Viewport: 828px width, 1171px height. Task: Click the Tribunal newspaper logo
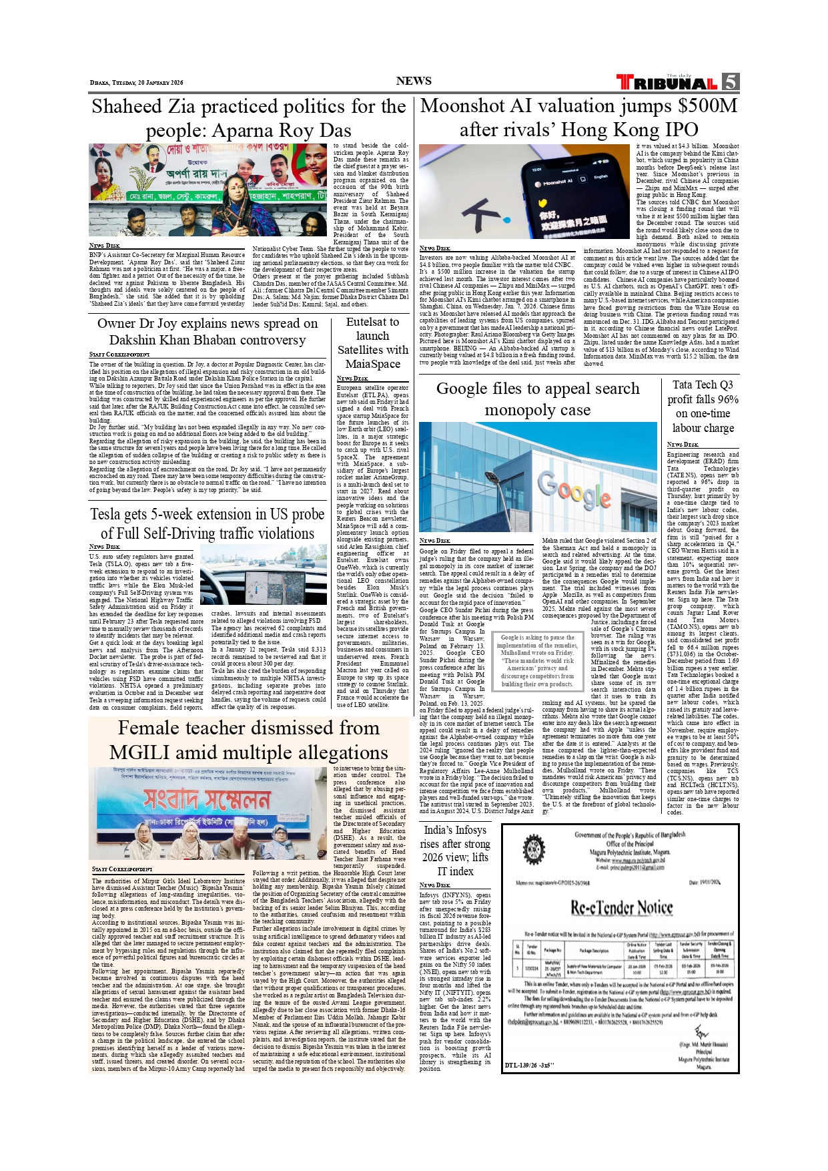667,83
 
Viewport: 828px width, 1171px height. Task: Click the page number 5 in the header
731,81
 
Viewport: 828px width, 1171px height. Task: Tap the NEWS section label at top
414,81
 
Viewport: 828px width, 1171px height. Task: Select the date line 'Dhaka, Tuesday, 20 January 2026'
136,83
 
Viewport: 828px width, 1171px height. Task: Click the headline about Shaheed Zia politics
248,118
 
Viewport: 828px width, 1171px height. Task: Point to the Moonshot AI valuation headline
578,118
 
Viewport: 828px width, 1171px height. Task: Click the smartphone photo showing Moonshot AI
525,192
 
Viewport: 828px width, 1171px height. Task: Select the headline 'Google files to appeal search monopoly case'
538,399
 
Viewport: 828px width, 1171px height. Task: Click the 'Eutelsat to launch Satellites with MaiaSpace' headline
372,342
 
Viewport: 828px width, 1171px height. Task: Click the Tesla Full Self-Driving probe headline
208,523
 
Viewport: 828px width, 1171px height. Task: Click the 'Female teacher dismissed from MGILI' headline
248,740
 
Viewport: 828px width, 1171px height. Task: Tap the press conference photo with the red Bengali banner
209,812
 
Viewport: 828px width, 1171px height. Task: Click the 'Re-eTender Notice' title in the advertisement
621,907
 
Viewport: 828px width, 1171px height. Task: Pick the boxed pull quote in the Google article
537,660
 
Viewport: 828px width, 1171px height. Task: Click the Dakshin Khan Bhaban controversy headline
208,331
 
